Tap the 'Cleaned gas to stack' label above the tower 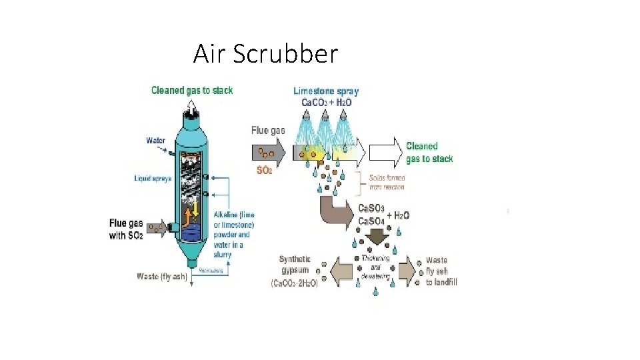coord(192,90)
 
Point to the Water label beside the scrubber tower coord(156,141)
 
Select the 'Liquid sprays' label coord(153,179)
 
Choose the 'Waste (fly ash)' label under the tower coord(161,276)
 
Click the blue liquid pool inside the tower coord(194,232)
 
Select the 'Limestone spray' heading coord(326,91)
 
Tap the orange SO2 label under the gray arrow coord(264,171)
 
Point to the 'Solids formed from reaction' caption coord(386,182)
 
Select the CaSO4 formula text coord(371,221)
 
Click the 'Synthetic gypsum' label coord(295,265)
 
